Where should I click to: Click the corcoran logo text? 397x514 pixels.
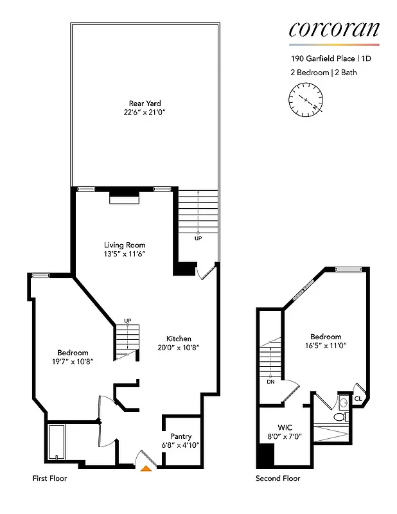(x=334, y=29)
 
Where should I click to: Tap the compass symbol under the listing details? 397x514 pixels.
(x=306, y=100)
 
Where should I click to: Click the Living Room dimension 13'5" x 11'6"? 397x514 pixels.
(x=125, y=254)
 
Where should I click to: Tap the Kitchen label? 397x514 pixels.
(x=179, y=339)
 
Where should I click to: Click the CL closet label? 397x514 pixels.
(x=358, y=398)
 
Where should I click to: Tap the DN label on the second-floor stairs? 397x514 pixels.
(x=270, y=380)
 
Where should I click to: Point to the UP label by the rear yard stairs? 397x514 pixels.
(x=198, y=238)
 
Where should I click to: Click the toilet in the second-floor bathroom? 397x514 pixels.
(x=340, y=417)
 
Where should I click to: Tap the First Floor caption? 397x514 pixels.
(x=49, y=479)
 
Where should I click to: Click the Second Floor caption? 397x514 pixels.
(x=278, y=479)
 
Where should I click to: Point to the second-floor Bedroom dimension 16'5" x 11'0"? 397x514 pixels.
(x=326, y=346)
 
